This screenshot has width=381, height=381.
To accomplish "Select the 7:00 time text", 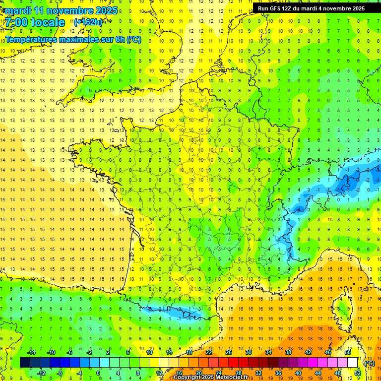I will (15, 22).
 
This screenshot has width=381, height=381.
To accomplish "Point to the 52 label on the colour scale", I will (357, 373).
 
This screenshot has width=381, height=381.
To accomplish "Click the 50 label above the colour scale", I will (347, 352).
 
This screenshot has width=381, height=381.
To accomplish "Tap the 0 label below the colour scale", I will (98, 373).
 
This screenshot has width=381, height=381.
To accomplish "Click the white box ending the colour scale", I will (352, 363).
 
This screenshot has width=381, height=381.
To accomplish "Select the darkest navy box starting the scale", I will (25, 363).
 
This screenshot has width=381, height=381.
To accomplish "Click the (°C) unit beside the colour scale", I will (370, 363).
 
